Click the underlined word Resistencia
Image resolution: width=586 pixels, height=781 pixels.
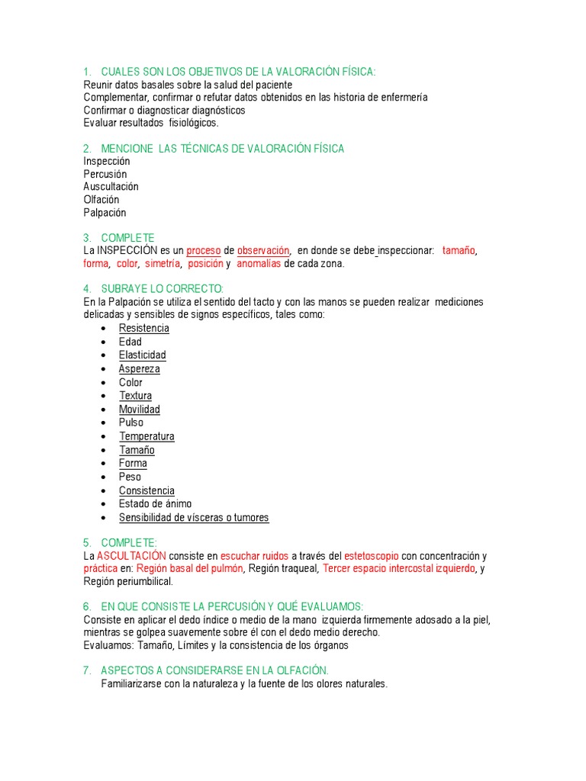pos(143,328)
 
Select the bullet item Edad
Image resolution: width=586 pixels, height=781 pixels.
pos(130,342)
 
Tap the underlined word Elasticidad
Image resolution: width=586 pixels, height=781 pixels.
pos(142,355)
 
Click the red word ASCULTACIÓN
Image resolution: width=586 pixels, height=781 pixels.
pos(131,555)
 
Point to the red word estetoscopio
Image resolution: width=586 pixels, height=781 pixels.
pos(372,555)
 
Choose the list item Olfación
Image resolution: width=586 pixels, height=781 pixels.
pos(101,200)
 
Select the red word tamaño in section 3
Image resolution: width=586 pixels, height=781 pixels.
pos(459,250)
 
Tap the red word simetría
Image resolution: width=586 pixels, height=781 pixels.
pos(163,263)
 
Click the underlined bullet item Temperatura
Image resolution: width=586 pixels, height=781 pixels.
pos(146,436)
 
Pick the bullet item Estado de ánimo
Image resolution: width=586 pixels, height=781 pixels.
pos(155,503)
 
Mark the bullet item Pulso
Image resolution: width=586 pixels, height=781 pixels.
pos(130,423)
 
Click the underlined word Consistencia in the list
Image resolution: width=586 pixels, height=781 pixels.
pos(146,490)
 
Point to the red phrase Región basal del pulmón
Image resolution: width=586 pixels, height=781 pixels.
pos(190,568)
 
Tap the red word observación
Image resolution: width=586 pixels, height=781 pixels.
pos(263,250)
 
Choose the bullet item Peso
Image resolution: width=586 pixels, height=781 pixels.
pos(130,477)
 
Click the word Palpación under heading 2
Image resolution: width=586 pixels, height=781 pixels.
pos(105,213)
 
